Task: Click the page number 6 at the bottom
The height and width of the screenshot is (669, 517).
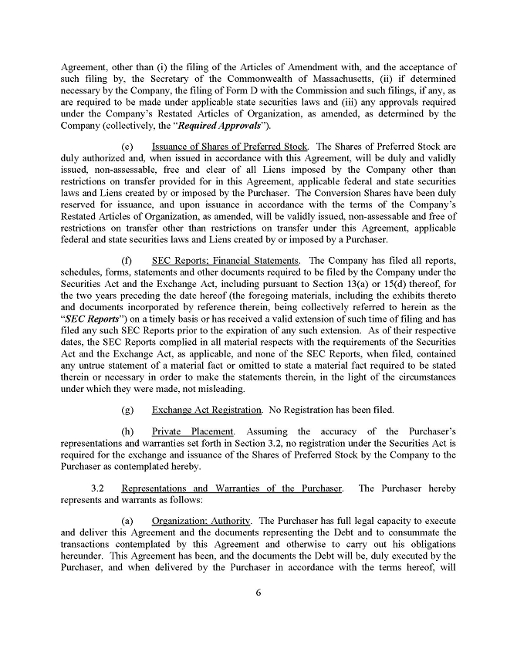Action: tap(258, 592)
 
